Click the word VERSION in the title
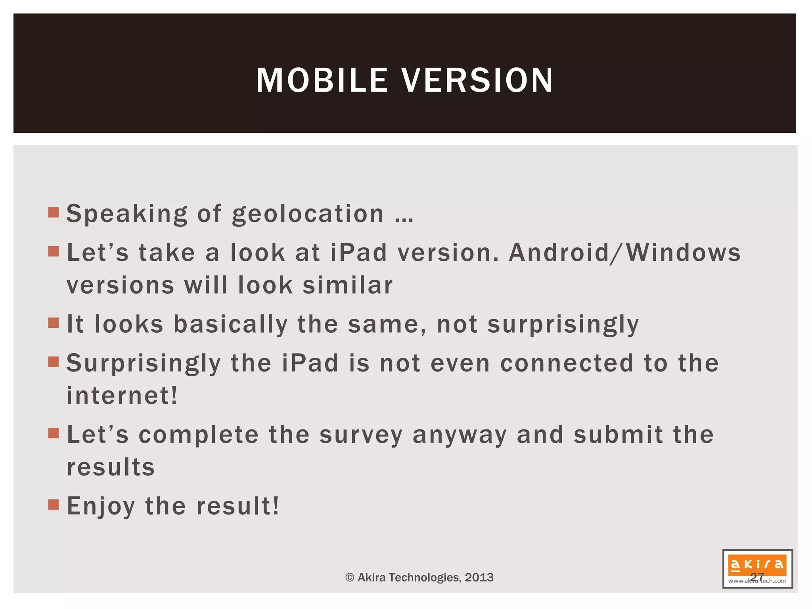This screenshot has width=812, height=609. point(477,80)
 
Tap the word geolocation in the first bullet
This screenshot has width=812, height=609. point(308,214)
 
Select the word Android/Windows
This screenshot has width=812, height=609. point(624,253)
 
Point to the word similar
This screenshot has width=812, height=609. point(348,285)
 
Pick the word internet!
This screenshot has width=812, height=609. point(122,395)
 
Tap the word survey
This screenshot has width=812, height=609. point(361,435)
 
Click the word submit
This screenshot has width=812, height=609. point(618,435)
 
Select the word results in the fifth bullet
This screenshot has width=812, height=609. point(111,467)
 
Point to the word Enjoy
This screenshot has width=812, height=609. point(101,506)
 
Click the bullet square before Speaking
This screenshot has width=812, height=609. point(54,213)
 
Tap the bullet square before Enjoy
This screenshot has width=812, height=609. point(54,505)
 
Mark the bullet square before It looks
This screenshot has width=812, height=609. point(54,323)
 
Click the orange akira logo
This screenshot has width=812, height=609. point(757,564)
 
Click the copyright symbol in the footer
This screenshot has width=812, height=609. point(350,577)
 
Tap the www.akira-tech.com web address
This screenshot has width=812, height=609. point(757,581)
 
